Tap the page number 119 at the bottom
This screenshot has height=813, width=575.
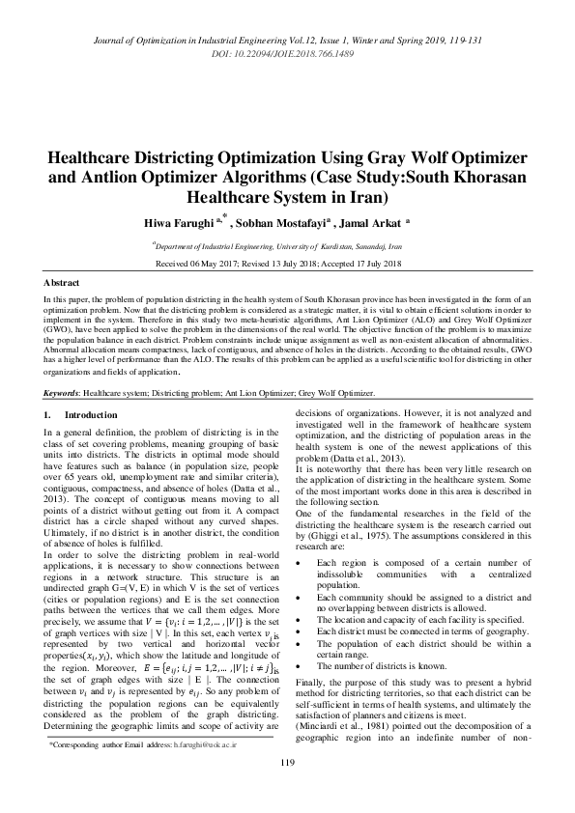tap(287, 790)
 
